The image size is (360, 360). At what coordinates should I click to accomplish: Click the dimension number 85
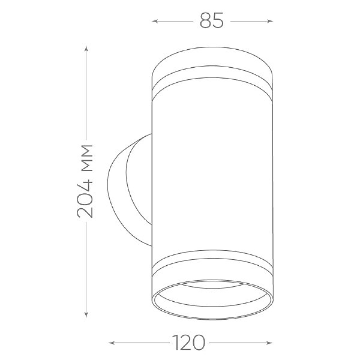[211, 20]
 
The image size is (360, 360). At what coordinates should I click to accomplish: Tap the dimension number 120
[188, 343]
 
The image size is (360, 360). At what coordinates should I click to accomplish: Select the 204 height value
[85, 199]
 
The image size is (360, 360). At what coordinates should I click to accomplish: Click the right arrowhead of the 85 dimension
[270, 21]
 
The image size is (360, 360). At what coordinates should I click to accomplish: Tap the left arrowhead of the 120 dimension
[112, 343]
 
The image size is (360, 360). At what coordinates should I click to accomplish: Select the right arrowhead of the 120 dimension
[269, 343]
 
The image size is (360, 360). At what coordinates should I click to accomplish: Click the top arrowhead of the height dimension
[86, 49]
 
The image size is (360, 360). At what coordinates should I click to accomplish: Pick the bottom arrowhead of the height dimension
[86, 315]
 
